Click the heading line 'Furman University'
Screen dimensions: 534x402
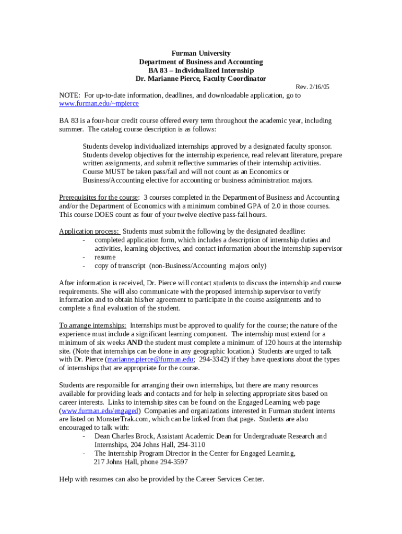coord(201,54)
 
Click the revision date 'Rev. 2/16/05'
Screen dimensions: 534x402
coord(313,87)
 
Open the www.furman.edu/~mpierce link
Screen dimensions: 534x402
coord(99,104)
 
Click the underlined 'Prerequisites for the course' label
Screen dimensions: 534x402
coord(99,198)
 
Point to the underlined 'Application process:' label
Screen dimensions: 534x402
coord(89,232)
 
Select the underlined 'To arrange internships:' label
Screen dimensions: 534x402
coord(92,325)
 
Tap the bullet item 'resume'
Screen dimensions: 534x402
coord(105,257)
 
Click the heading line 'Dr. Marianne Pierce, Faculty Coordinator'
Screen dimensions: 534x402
coord(201,79)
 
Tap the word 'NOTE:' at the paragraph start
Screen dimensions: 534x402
coord(69,95)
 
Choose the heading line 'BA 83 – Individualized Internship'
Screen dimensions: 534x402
coord(201,70)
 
